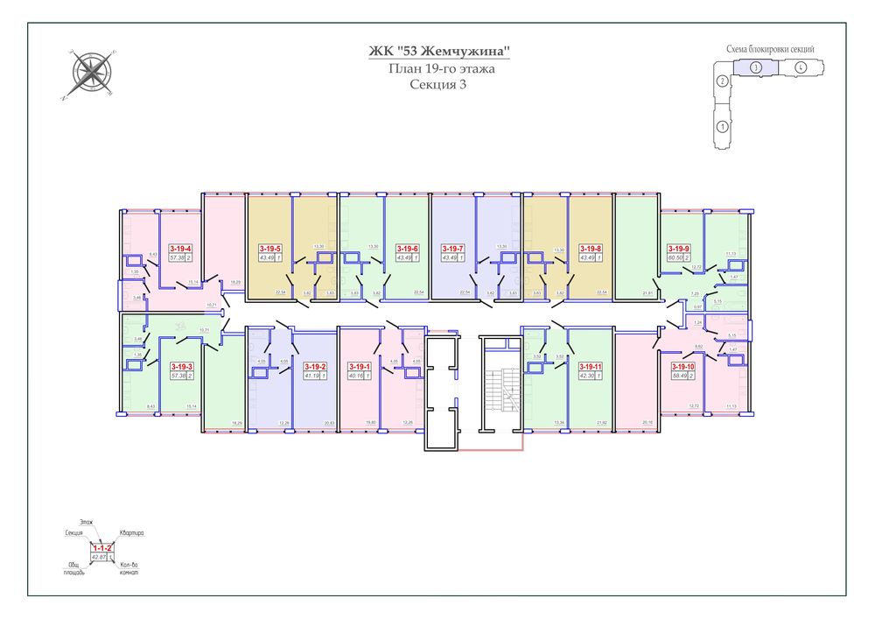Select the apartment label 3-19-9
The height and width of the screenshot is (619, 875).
pyautogui.click(x=680, y=249)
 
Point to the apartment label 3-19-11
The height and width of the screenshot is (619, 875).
pyautogui.click(x=591, y=366)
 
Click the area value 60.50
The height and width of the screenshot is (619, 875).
pyautogui.click(x=676, y=258)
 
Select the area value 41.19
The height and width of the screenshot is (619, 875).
pyautogui.click(x=311, y=376)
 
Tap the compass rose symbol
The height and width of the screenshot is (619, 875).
pyautogui.click(x=88, y=74)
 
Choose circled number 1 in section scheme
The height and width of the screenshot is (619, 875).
pyautogui.click(x=723, y=126)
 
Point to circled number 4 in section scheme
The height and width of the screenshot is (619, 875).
pyautogui.click(x=801, y=67)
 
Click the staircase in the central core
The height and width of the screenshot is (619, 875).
pyautogui.click(x=502, y=390)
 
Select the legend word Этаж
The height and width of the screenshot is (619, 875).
pyautogui.click(x=86, y=522)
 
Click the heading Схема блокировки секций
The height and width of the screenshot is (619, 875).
pyautogui.click(x=770, y=49)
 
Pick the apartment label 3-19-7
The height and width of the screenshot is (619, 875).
pyautogui.click(x=452, y=249)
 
